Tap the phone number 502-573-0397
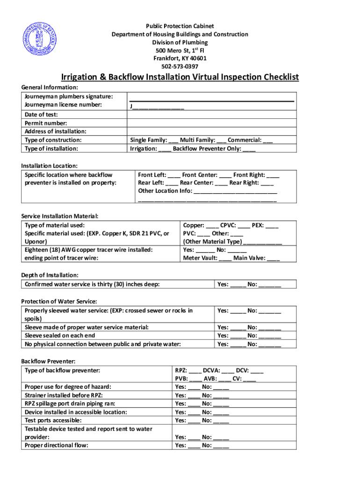click(x=180, y=66)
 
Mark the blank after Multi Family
click(x=221, y=140)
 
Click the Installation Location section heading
click(x=49, y=166)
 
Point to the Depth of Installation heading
click(x=50, y=275)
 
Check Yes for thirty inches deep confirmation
click(x=238, y=284)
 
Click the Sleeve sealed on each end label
click(x=60, y=335)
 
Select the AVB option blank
click(x=224, y=379)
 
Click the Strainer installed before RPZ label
click(x=63, y=395)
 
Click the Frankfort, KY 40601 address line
click(x=180, y=58)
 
